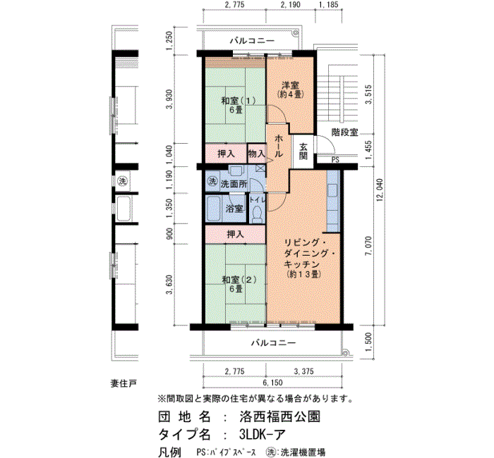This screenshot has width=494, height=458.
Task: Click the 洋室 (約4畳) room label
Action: (x=291, y=89)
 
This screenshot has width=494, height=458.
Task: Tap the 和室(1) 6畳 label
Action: (x=238, y=106)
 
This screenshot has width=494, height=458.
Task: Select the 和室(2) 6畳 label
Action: (x=239, y=284)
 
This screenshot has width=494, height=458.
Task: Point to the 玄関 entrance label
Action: (x=303, y=151)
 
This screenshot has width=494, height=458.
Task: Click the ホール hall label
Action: (x=279, y=147)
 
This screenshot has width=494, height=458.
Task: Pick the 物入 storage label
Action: (x=256, y=154)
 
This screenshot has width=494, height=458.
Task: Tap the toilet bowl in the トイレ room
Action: (x=258, y=214)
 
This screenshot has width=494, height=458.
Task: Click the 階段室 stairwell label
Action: (x=344, y=132)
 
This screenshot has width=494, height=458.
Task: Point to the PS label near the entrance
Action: (x=335, y=160)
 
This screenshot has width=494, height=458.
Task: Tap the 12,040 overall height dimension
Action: (x=380, y=190)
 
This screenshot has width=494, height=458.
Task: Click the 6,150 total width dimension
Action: (x=273, y=383)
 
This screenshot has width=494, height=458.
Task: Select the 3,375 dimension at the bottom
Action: (x=303, y=371)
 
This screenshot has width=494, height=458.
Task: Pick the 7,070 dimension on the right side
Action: (x=368, y=247)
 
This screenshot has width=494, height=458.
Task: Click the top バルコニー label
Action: (x=252, y=41)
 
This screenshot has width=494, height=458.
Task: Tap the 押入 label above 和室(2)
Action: (x=235, y=235)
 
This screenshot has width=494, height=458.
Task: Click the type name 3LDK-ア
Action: (x=262, y=435)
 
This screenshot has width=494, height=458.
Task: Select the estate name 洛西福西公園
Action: (x=279, y=416)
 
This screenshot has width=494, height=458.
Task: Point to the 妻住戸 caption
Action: (x=123, y=384)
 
